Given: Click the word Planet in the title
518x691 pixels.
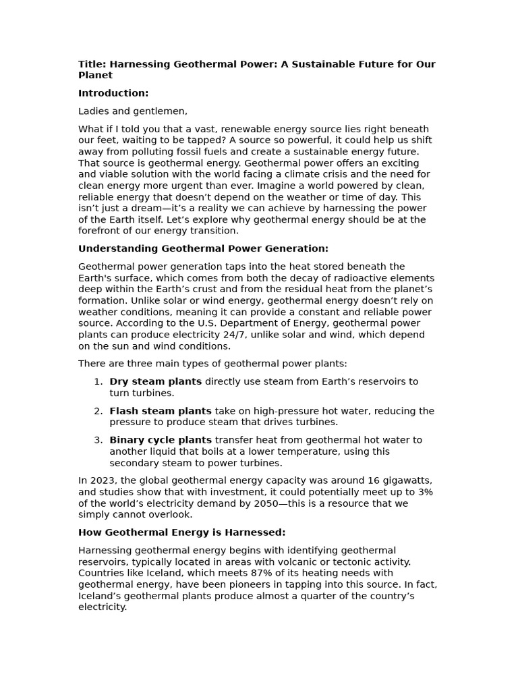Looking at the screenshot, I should (x=95, y=76).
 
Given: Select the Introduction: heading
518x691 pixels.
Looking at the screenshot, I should (x=113, y=93).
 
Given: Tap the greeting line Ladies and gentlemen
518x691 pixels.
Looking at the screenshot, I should (x=133, y=111).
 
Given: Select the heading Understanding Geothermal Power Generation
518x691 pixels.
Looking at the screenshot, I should (x=203, y=249).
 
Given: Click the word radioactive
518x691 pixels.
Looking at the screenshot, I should (x=365, y=278).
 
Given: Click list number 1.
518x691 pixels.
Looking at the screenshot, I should (x=98, y=382).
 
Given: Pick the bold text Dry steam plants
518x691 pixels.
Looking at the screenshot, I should (x=155, y=382).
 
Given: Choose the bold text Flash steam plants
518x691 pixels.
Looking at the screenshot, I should (x=160, y=411).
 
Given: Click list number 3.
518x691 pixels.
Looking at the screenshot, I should (x=98, y=441).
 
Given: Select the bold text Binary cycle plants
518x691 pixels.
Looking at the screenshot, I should (x=161, y=441).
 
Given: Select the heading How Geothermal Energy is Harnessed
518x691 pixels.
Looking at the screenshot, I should (x=181, y=533).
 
